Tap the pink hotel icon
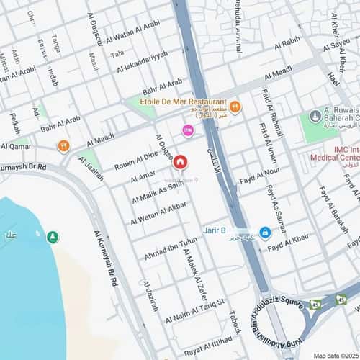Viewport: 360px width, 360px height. coord(189,130)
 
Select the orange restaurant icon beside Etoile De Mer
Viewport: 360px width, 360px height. coord(235,107)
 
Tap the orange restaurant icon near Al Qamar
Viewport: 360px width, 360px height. coord(63,145)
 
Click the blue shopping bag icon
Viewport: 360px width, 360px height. coord(265,232)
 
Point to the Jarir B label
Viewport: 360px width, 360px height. coord(214,230)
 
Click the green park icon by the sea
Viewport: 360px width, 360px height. coord(53,237)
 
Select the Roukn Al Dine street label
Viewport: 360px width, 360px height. coord(136,161)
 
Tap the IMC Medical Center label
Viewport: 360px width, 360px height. coord(334,153)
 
